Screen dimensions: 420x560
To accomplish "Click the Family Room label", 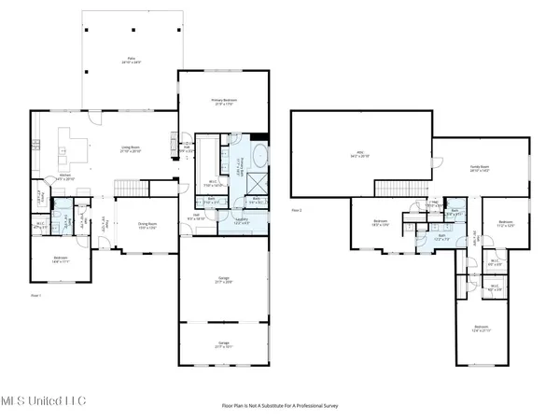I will coord(481,168).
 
